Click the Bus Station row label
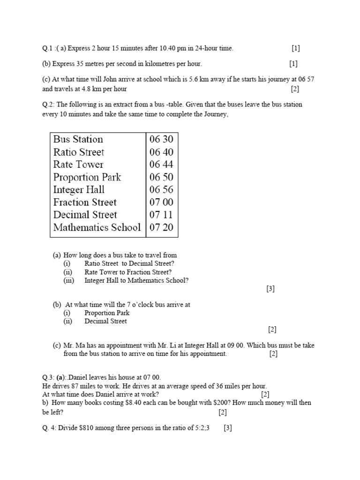click(x=78, y=139)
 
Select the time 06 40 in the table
click(x=161, y=152)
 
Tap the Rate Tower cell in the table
click(x=78, y=165)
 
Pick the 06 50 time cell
click(x=161, y=177)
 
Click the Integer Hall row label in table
click(x=79, y=190)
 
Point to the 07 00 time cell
click(x=161, y=202)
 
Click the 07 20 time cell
click(x=161, y=228)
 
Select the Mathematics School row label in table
click(x=97, y=228)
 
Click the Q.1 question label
click(x=47, y=48)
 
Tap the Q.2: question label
click(x=48, y=105)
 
